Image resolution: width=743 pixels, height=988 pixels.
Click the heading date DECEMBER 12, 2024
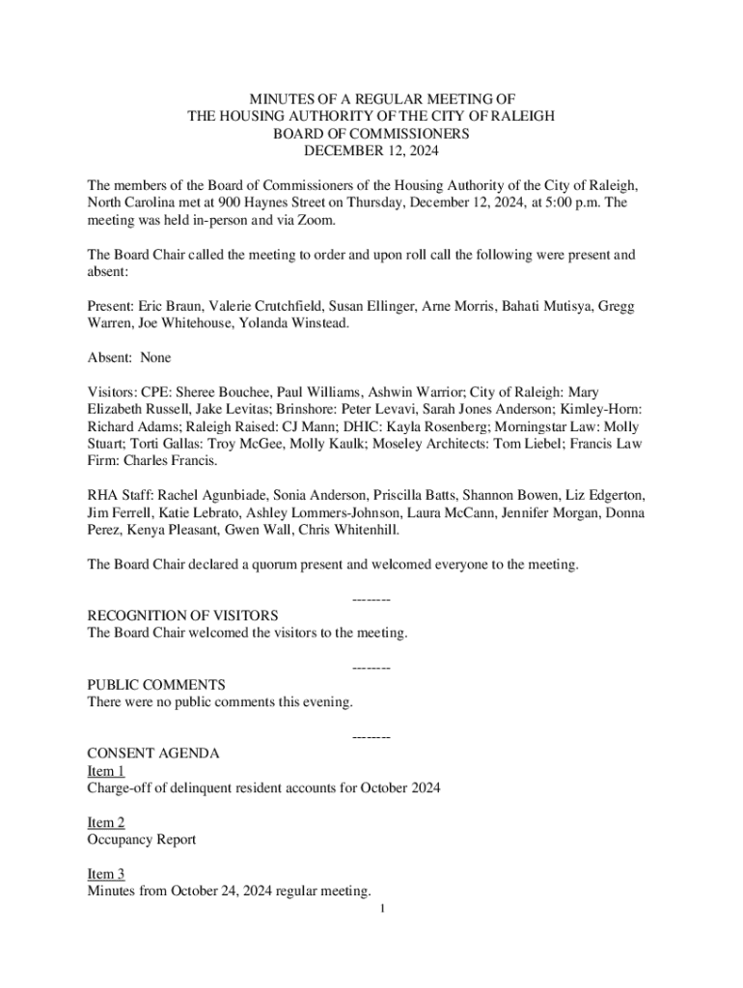[371, 151]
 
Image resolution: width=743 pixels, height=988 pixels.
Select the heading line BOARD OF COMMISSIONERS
[371, 133]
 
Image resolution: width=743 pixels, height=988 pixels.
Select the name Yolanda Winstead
[294, 323]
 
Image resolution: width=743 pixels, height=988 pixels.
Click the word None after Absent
[155, 358]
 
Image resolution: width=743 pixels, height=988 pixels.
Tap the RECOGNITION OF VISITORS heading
[182, 616]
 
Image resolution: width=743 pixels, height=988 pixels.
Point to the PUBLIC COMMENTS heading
[156, 685]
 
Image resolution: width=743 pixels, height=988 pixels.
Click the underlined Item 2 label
[106, 823]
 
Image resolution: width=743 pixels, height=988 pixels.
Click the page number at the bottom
[383, 909]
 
